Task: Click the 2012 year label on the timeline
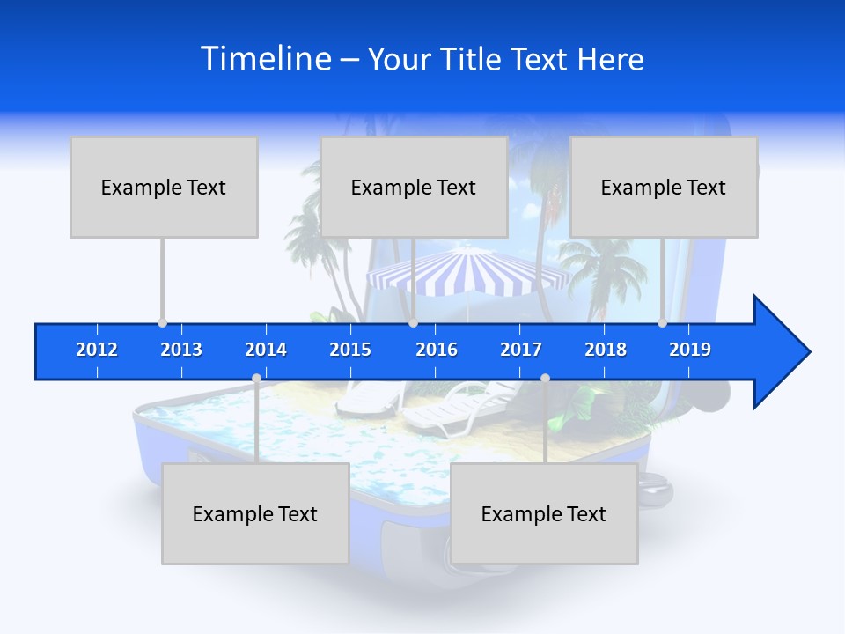coord(97,350)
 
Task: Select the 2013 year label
coord(181,350)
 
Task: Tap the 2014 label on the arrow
coord(266,350)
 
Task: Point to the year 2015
coord(350,350)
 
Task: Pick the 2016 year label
coord(437,350)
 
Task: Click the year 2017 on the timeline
coord(521,350)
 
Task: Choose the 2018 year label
coord(606,350)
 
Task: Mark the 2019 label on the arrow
coord(690,350)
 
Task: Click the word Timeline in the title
coord(265,59)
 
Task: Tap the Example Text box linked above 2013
coord(164,187)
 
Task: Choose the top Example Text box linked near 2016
coord(414,187)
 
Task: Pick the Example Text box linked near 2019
coord(664,187)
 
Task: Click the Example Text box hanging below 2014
coord(255,513)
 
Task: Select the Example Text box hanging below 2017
coord(544,513)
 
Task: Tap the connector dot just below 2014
coord(256,379)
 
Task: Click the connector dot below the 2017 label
coord(545,379)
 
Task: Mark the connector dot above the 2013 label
coord(162,323)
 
